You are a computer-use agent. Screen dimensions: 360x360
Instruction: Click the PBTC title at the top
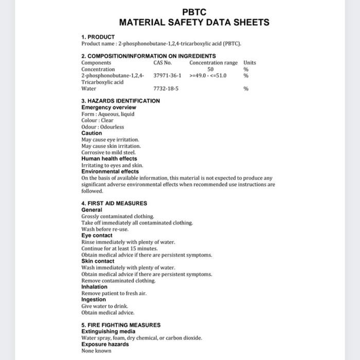194,12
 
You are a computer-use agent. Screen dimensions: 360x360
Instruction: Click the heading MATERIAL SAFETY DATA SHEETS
194,23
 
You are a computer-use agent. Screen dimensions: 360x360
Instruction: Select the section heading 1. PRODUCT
98,37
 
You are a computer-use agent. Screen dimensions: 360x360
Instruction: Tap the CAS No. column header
163,63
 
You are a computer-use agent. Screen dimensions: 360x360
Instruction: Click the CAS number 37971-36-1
167,76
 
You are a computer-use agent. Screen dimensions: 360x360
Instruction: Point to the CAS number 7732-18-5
166,88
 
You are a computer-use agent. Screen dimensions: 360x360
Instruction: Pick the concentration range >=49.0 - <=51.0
208,76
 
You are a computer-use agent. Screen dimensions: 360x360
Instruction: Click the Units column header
249,63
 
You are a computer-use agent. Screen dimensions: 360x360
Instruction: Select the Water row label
89,88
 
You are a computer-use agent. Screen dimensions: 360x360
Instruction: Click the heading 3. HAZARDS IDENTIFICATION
120,101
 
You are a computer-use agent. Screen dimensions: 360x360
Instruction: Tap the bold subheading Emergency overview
109,107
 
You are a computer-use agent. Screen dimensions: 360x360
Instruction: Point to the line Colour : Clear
97,120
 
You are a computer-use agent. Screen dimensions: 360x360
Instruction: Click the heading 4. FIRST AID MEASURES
114,203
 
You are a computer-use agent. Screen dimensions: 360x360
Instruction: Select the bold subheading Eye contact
97,236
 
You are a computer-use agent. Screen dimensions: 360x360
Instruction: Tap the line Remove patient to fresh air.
114,293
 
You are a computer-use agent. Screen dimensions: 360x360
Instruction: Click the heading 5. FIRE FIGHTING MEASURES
121,325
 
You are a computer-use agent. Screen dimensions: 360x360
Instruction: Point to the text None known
96,351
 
